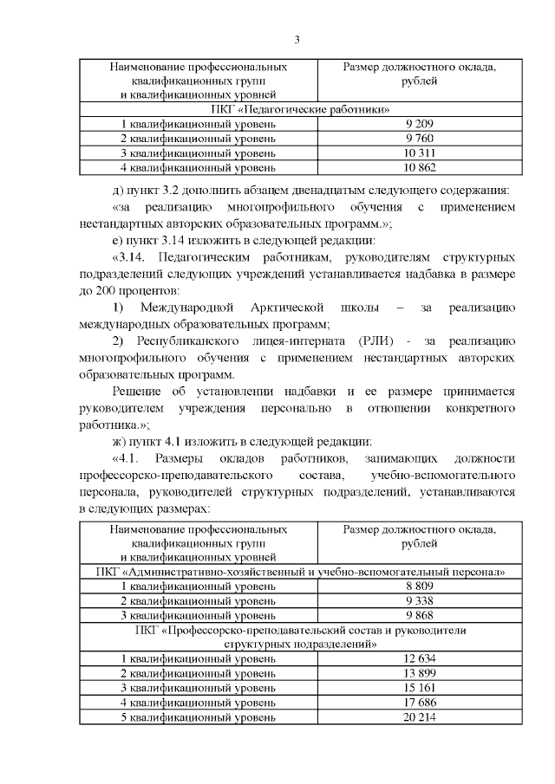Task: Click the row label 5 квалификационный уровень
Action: pos(199,717)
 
